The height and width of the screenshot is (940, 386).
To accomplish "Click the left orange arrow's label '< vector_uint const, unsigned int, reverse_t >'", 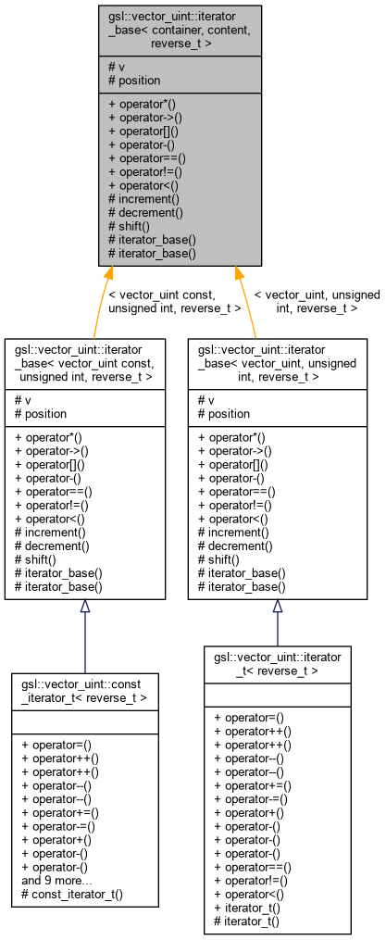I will click(x=174, y=301).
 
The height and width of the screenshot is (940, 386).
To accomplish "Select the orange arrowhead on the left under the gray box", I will click(x=110, y=273).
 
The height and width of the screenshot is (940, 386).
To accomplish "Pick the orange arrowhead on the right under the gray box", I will click(x=239, y=273).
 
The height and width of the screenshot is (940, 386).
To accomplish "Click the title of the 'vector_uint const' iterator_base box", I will click(x=85, y=362).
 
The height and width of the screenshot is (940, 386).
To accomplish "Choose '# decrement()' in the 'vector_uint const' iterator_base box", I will click(x=50, y=545).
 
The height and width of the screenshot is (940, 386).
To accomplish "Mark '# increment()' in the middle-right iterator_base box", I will click(x=232, y=533).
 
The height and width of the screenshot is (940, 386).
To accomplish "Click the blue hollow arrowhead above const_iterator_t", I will click(x=85, y=607).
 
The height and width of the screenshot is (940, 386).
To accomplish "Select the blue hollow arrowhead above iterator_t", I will click(x=277, y=607).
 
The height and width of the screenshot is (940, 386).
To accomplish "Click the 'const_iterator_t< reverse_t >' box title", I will click(x=85, y=690).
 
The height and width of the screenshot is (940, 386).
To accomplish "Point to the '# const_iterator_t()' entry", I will click(x=70, y=895).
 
